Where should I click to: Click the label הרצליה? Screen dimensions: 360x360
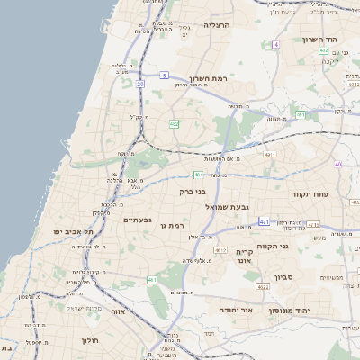coord(217,25)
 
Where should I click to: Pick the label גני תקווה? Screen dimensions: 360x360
coord(272,245)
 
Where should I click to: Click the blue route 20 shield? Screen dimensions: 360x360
coord(140,84)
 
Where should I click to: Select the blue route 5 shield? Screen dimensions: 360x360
coord(165,76)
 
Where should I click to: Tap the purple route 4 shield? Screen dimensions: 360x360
coord(276,43)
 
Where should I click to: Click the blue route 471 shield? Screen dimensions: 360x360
coord(264,220)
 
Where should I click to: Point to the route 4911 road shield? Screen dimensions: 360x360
coord(269,156)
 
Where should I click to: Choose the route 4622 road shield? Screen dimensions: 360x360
coord(263,286)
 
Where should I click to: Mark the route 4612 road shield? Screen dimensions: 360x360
coord(221,250)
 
